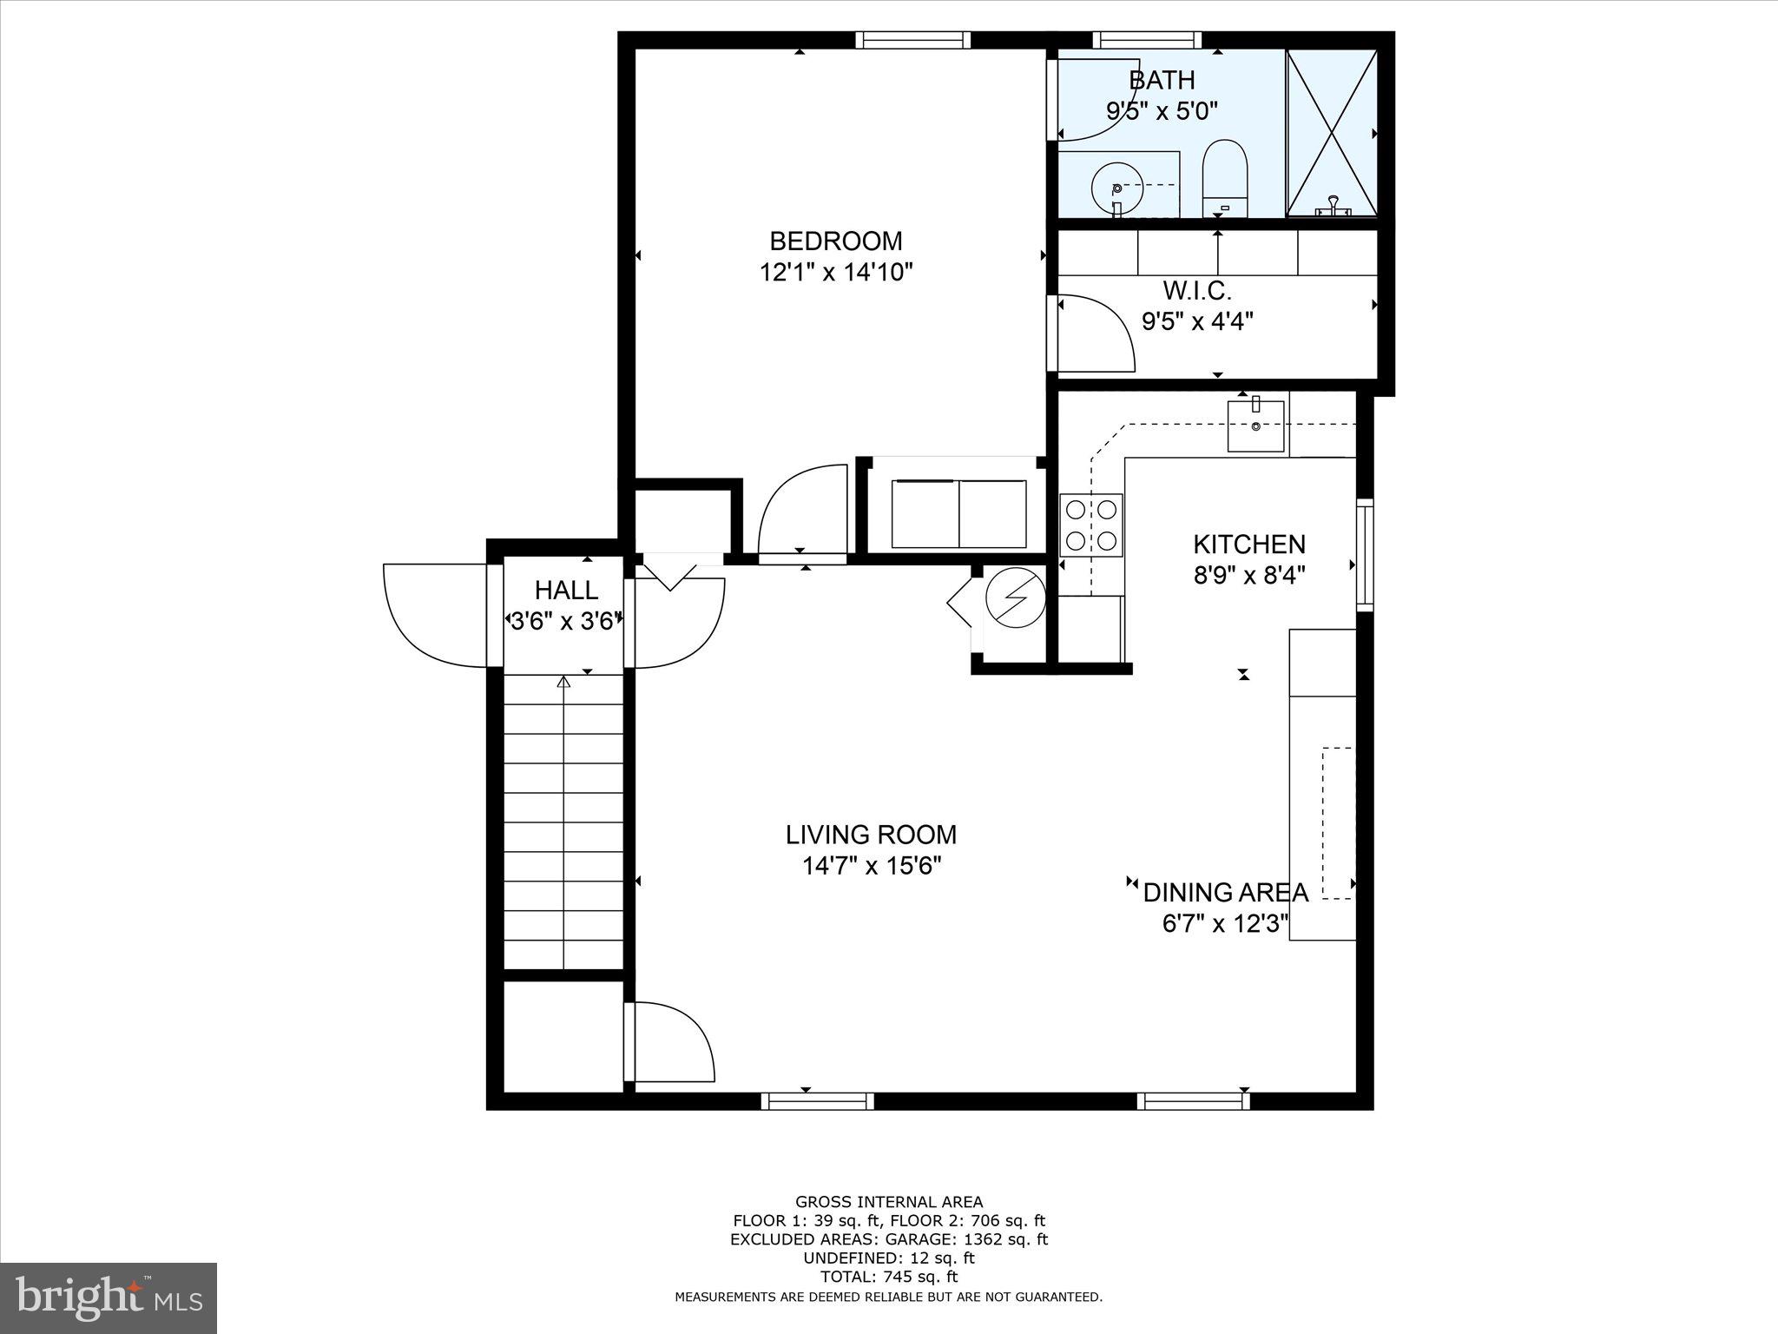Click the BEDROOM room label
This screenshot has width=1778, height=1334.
[x=836, y=241]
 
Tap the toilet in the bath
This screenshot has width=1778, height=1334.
[x=1224, y=178]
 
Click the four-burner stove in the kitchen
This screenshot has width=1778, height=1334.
[x=1091, y=525]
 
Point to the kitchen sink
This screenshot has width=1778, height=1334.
[x=1255, y=426]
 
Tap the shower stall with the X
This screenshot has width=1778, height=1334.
[x=1331, y=132]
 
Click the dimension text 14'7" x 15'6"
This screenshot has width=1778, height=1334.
[x=872, y=866]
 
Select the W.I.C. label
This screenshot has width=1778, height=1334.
[x=1197, y=290]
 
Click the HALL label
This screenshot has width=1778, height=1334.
[x=566, y=591]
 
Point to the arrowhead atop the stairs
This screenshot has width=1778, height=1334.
[x=563, y=683]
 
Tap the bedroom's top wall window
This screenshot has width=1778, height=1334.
[x=912, y=40]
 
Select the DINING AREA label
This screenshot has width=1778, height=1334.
[x=1225, y=892]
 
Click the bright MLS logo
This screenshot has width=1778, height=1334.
[x=109, y=1298]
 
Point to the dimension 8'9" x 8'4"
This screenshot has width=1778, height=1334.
[x=1249, y=575]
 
